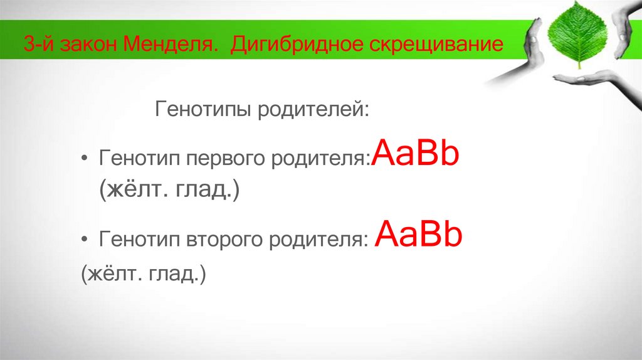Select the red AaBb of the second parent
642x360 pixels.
[x=418, y=236]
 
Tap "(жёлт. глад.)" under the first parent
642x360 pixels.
[x=168, y=191]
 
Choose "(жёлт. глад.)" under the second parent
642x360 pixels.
[x=143, y=274]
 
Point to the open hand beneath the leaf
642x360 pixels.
[x=586, y=79]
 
